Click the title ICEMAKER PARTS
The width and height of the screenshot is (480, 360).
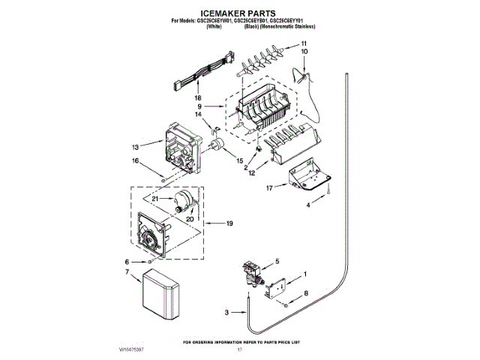(x=238, y=13)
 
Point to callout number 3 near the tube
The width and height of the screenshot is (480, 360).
(x=227, y=311)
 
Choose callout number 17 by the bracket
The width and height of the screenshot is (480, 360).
(x=268, y=188)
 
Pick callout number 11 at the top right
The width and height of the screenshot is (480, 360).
(x=304, y=44)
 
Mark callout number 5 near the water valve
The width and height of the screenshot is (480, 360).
(x=276, y=261)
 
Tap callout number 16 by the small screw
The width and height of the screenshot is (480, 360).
(x=135, y=160)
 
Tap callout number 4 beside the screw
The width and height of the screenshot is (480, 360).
(x=306, y=205)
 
